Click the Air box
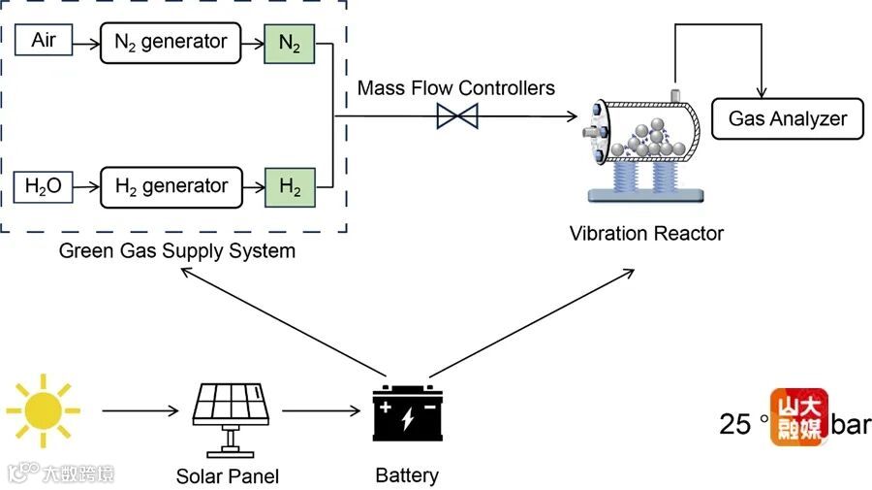(x=44, y=41)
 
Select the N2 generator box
(x=170, y=42)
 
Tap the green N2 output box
(x=289, y=43)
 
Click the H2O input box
(x=44, y=185)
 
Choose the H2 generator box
(x=170, y=186)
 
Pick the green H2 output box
(x=289, y=186)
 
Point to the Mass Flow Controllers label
(x=455, y=88)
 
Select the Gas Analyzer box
(x=787, y=119)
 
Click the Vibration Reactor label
(x=646, y=233)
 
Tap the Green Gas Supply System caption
(x=177, y=251)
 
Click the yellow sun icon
(x=43, y=410)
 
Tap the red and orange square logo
(x=799, y=418)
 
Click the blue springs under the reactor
(x=645, y=176)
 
